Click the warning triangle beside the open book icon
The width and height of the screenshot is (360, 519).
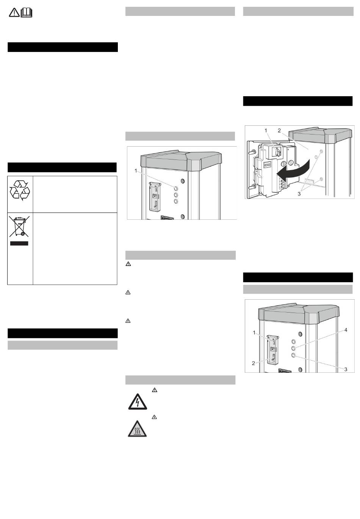tap(14, 13)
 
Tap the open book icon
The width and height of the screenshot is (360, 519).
tap(27, 13)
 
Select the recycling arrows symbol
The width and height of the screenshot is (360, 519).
tap(20, 191)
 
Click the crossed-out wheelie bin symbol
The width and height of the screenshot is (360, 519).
tap(19, 227)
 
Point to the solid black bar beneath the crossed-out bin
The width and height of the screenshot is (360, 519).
tap(19, 243)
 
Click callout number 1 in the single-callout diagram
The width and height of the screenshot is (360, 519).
tap(136, 171)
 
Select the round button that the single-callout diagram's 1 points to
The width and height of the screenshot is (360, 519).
tap(176, 188)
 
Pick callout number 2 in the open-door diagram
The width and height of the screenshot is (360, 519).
tap(279, 131)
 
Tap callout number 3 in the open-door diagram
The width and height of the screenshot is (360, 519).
tap(299, 194)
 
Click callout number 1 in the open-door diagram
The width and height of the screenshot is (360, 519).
tap(266, 131)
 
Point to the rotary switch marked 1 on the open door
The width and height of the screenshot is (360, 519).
tap(277, 152)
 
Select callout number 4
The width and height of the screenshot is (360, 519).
tap(346, 330)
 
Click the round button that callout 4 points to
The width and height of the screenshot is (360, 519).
tap(294, 348)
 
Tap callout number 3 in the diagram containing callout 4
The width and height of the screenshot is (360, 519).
tap(346, 369)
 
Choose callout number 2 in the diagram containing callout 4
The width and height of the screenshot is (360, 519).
tap(254, 363)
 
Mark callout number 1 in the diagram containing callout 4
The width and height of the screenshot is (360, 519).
tap(254, 333)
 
